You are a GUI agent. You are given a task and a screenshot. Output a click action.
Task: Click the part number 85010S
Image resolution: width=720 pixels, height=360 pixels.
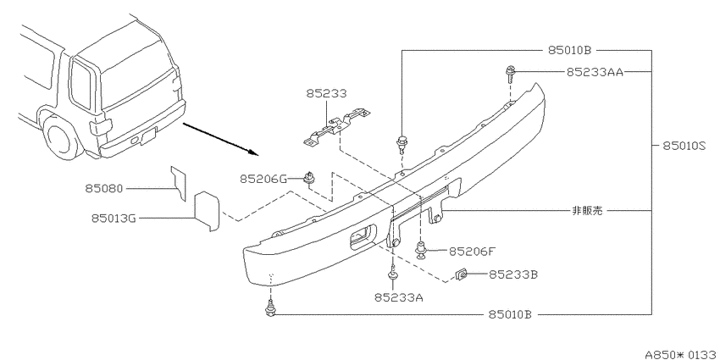tap(684, 146)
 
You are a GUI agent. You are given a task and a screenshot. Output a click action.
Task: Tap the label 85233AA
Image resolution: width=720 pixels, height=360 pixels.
tap(595, 72)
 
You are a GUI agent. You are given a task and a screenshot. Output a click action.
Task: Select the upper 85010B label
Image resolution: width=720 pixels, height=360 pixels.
tap(569, 50)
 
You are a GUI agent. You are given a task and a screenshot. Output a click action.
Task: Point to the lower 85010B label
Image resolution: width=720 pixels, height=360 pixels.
tap(510, 314)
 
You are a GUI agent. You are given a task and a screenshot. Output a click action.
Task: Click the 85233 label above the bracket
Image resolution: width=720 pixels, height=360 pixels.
tap(326, 94)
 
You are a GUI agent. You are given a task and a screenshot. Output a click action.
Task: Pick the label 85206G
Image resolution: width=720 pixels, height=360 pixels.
tap(263, 179)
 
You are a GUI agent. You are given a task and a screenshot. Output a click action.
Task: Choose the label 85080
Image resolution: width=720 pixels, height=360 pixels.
tap(104, 188)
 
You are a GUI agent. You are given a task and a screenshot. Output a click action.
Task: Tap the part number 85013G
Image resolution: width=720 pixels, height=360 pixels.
tap(114, 219)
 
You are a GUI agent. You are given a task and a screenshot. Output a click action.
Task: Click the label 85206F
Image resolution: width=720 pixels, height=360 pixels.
tap(472, 252)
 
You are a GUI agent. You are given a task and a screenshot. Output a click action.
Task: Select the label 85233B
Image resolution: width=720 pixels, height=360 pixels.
tap(513, 274)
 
